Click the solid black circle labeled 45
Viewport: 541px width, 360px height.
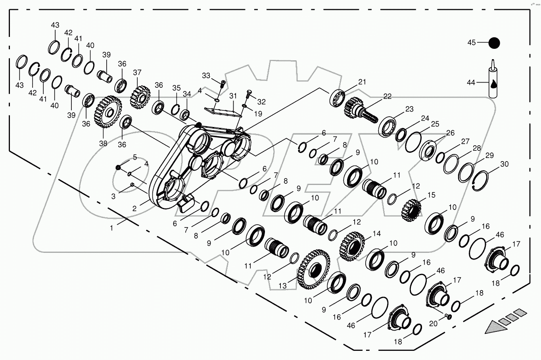pos(494,43)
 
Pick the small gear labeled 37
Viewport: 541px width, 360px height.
pos(140,97)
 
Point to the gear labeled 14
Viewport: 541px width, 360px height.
pos(352,246)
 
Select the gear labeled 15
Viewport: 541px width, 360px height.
pos(411,210)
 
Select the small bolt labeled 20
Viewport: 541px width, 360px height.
pos(448,316)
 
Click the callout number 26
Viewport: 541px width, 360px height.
pos(451,133)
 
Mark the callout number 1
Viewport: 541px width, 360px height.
pos(111,228)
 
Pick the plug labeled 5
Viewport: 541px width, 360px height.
pos(118,167)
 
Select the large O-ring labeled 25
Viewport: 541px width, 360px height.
pos(413,142)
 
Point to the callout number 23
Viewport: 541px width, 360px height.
pos(409,109)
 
